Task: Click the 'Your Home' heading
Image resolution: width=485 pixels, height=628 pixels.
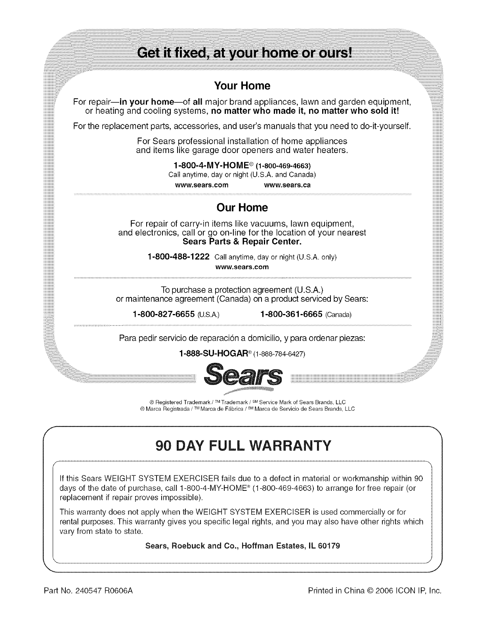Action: coord(242,86)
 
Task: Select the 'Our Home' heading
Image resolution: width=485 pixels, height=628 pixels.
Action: coord(242,208)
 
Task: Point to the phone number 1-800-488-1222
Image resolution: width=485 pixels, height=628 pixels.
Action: coord(178,257)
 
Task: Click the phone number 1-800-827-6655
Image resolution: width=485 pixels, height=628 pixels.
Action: coord(163,314)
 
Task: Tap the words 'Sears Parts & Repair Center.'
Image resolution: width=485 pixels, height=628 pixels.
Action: coord(242,241)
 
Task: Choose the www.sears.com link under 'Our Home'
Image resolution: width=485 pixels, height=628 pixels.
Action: coord(242,267)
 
